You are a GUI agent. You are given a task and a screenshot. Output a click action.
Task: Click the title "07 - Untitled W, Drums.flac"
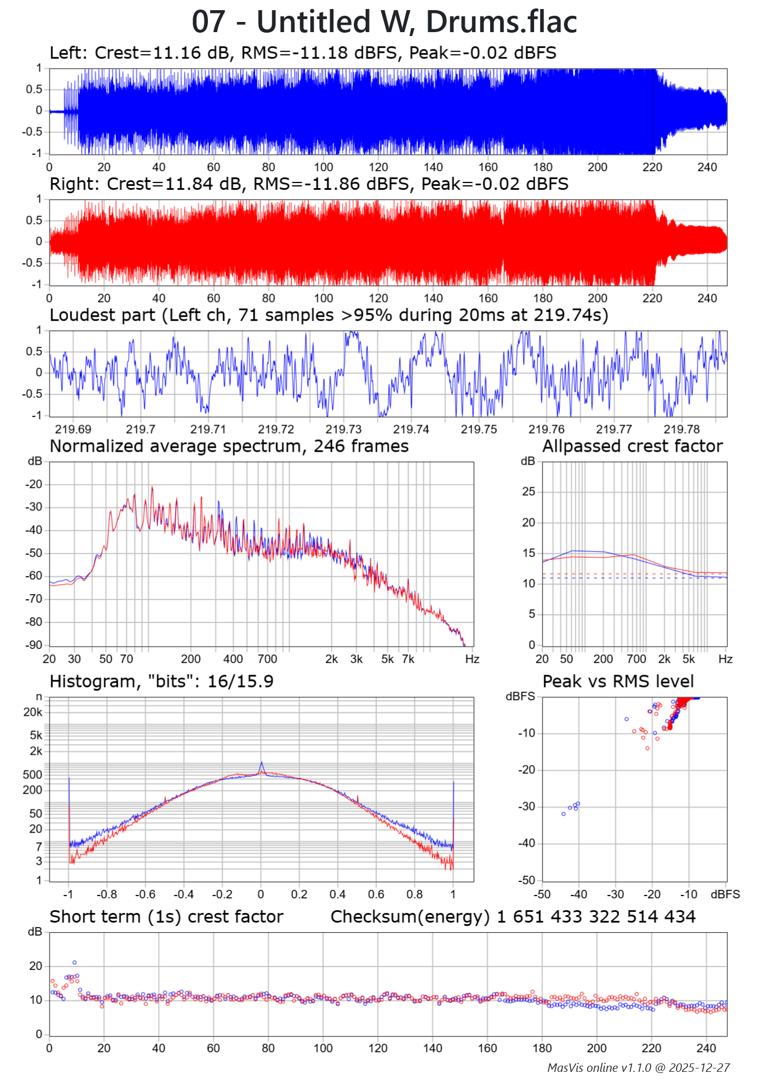coord(384,23)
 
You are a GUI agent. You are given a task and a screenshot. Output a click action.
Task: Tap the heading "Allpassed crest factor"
coord(632,446)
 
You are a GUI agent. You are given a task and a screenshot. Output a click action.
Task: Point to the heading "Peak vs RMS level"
coord(618,682)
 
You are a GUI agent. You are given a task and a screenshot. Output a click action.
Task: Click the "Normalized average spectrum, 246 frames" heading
coord(229,446)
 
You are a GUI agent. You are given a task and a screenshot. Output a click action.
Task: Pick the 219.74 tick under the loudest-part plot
coord(411,429)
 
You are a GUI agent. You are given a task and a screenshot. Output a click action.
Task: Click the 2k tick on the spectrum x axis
coord(331,659)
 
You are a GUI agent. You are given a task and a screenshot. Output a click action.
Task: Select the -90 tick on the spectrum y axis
coord(34,645)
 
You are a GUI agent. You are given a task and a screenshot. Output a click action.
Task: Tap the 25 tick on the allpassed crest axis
coord(528,492)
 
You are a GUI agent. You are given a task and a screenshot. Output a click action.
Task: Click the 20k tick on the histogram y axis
coord(33,712)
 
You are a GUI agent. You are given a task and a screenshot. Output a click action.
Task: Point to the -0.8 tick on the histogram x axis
coord(106,894)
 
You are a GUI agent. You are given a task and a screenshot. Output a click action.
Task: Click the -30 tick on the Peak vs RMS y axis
coord(527,807)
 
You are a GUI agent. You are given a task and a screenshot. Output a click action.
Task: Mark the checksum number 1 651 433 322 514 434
coord(596,917)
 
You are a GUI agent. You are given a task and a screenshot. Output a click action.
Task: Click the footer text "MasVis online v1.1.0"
coord(598,1068)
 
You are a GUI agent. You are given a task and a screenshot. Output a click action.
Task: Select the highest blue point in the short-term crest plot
coord(74,963)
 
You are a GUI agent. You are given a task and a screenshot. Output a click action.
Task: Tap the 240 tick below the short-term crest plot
coord(706,1048)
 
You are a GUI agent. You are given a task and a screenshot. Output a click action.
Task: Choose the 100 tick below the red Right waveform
coord(323,298)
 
